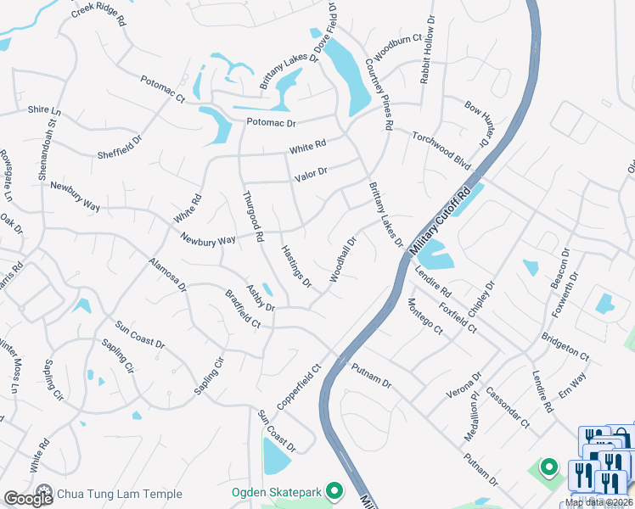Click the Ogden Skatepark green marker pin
click(x=336, y=491)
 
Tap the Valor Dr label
click(x=311, y=176)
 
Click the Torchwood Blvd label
click(x=441, y=149)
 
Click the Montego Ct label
click(x=425, y=316)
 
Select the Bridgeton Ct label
click(x=565, y=343)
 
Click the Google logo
click(x=28, y=498)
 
